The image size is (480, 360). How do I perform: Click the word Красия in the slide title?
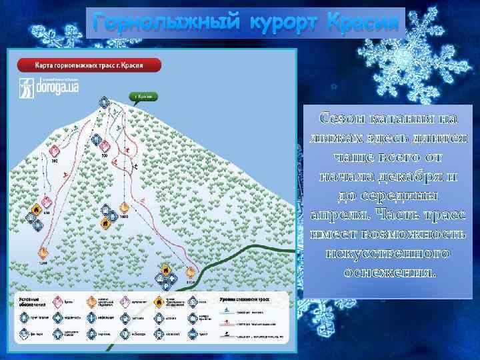point(364,23)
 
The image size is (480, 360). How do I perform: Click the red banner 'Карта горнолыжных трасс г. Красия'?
point(89,65)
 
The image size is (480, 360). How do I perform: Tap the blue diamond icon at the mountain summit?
point(104,103)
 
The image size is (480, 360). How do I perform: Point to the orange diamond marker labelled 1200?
point(43,253)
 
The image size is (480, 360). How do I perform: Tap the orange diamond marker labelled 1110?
point(191,272)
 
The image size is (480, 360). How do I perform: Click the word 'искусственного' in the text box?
point(389,254)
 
